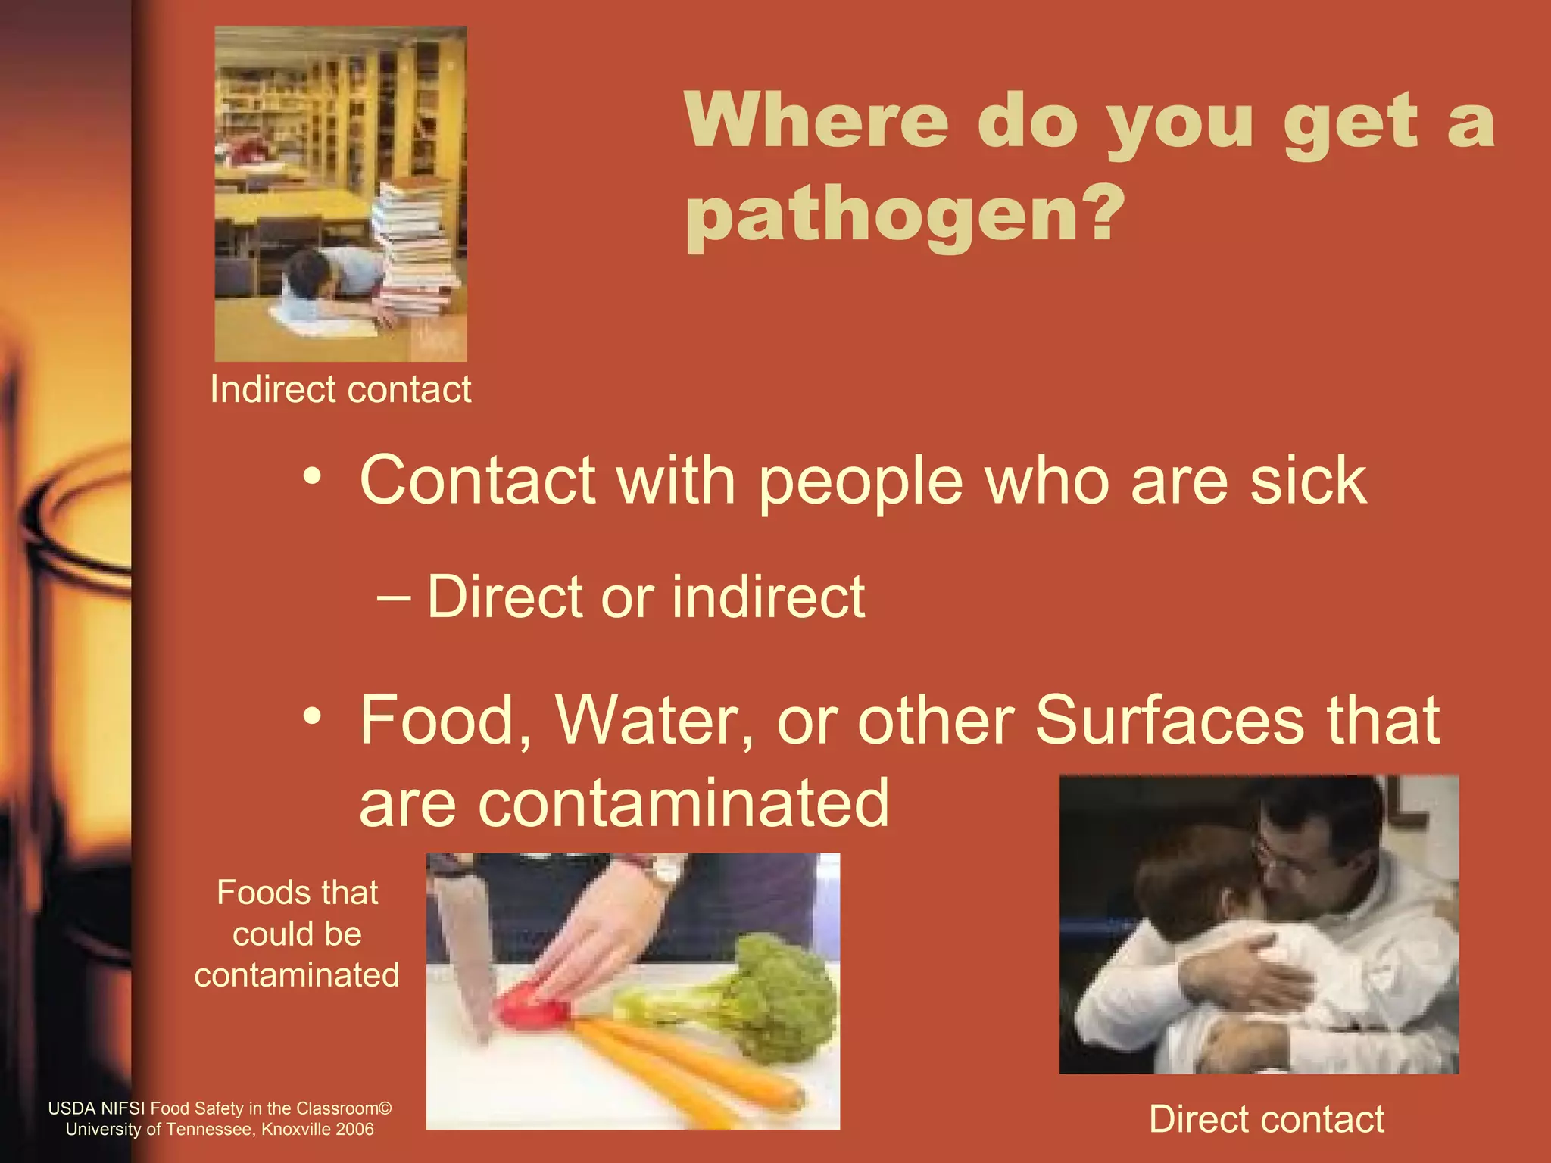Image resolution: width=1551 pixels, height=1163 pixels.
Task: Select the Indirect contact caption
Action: click(340, 390)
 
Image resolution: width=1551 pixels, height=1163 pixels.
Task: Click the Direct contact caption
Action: click(1266, 1119)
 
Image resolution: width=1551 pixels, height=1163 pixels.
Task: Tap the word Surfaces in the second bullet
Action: click(1170, 720)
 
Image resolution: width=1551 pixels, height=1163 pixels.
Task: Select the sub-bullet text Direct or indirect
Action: click(645, 597)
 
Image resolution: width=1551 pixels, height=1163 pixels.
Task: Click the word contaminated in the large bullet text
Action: click(624, 803)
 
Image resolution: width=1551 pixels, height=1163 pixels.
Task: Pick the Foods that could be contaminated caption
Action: click(297, 934)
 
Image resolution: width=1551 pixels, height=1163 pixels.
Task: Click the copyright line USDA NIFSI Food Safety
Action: click(220, 1108)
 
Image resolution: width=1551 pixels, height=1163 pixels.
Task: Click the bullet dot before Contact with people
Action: click(312, 477)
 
